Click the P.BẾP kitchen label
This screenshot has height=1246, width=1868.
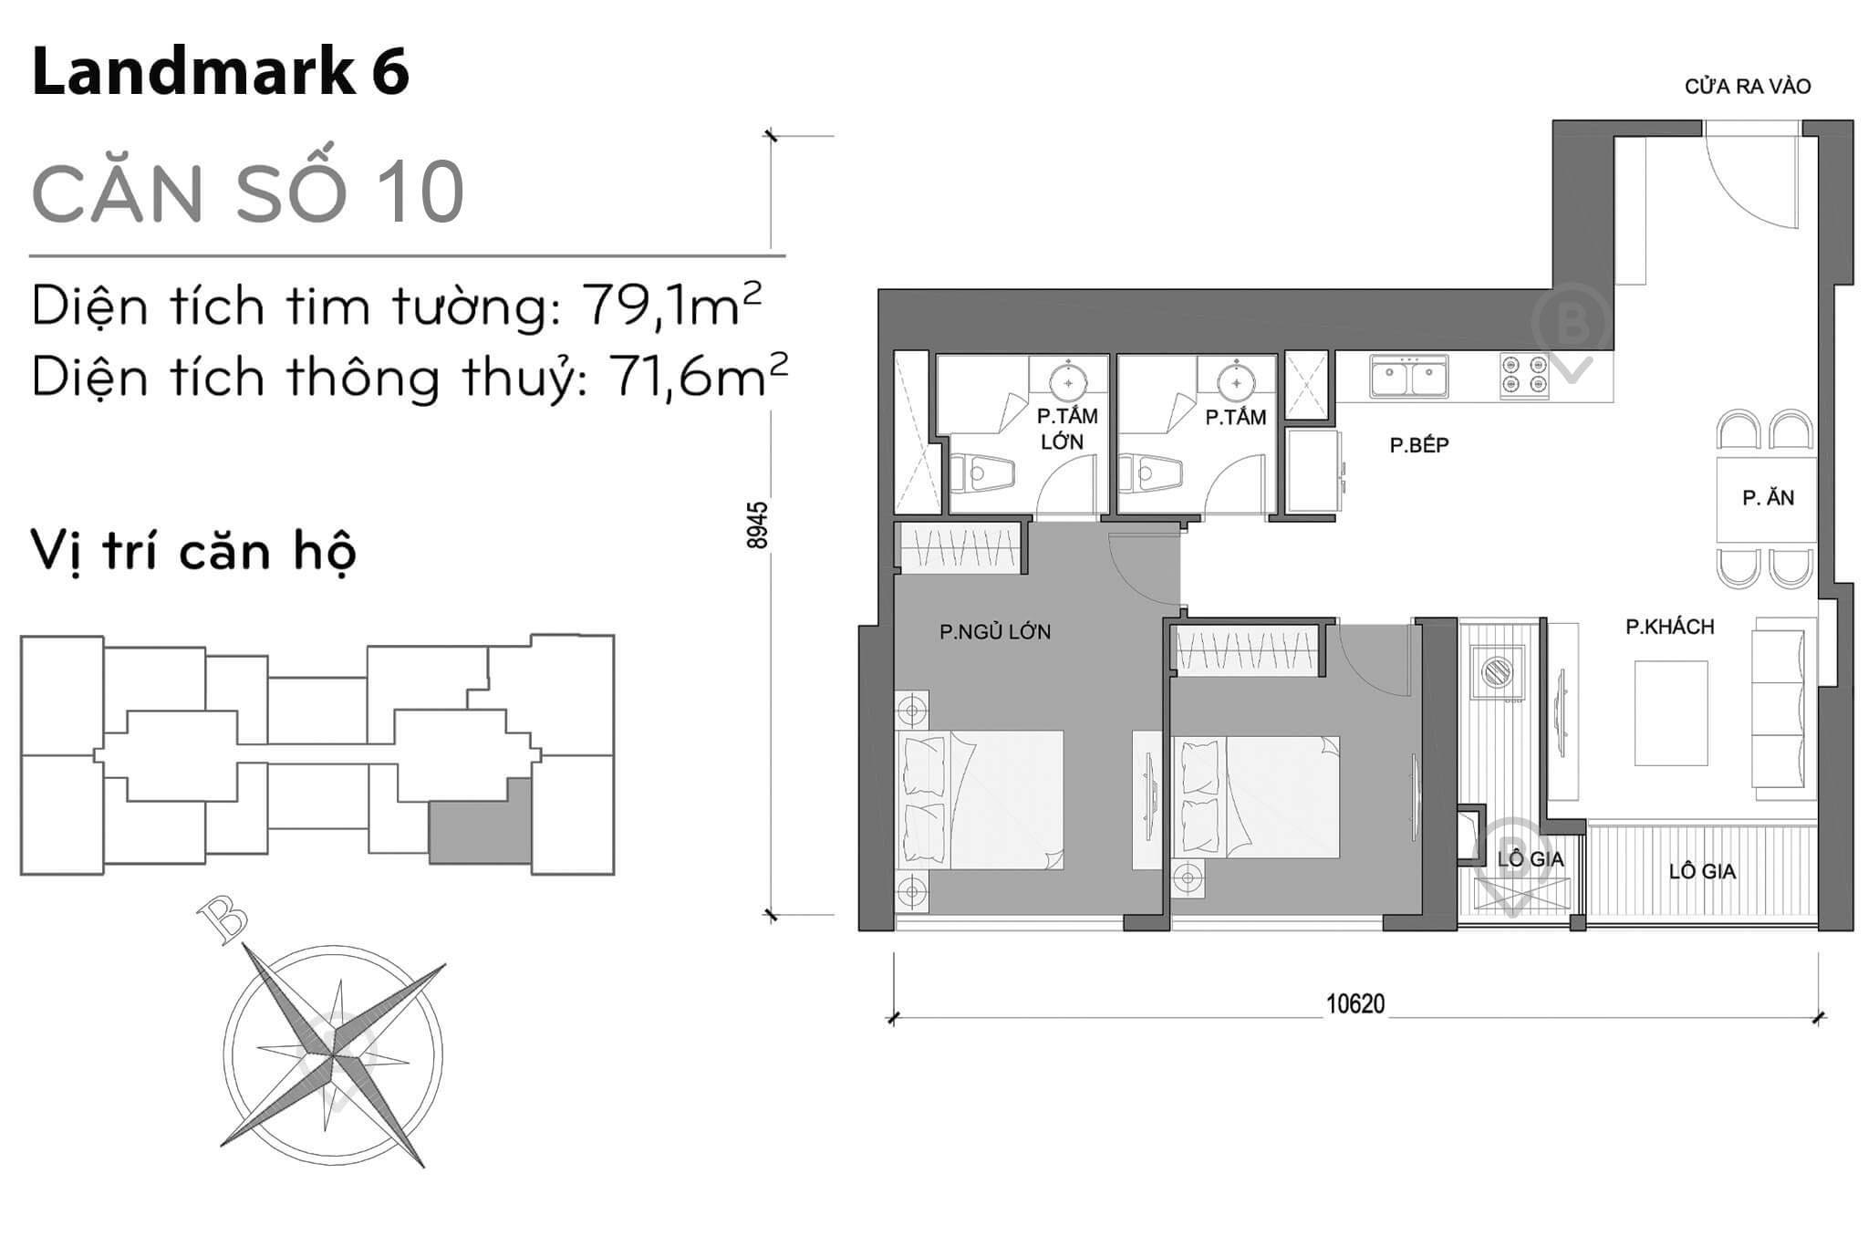1418,445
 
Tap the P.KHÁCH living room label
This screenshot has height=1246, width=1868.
1669,627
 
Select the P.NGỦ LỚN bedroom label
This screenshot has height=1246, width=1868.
995,631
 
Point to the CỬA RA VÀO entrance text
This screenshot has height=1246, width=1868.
1747,87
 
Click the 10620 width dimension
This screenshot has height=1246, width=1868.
1354,1004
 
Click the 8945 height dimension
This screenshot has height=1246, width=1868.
757,524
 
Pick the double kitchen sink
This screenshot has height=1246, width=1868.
1407,377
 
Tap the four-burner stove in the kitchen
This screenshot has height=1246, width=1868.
1524,377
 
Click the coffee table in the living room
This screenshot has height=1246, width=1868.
1670,712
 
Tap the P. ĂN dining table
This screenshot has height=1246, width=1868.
1766,498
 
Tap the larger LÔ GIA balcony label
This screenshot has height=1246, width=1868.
1702,871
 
